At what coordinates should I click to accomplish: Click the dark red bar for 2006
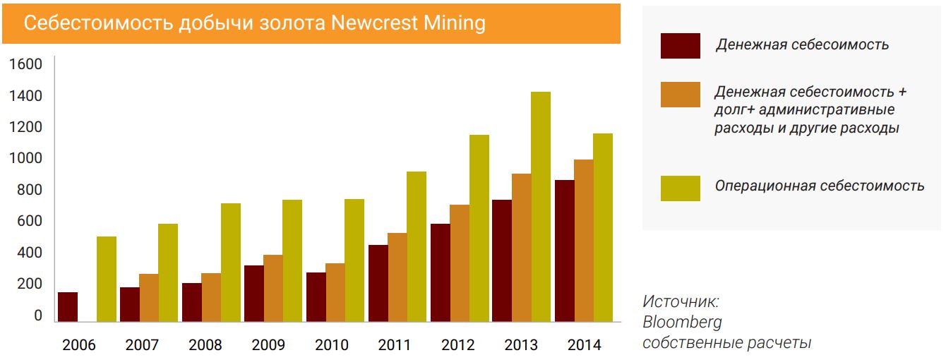[x=68, y=307]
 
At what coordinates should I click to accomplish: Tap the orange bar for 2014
[x=583, y=241]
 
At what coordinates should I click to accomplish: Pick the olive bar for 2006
[x=107, y=279]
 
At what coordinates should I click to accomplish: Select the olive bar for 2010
[x=354, y=260]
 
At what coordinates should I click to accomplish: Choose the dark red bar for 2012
[x=440, y=272]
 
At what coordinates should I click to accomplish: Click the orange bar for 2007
[x=148, y=297]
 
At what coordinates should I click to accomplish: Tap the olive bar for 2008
[x=230, y=263]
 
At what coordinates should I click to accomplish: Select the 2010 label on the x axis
[x=331, y=345]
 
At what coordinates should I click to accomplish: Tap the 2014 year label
[x=584, y=345]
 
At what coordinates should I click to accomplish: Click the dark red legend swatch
[x=680, y=46]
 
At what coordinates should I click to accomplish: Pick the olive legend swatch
[x=680, y=188]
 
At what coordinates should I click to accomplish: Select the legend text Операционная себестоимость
[x=819, y=186]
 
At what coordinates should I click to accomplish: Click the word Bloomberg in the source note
[x=682, y=323]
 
